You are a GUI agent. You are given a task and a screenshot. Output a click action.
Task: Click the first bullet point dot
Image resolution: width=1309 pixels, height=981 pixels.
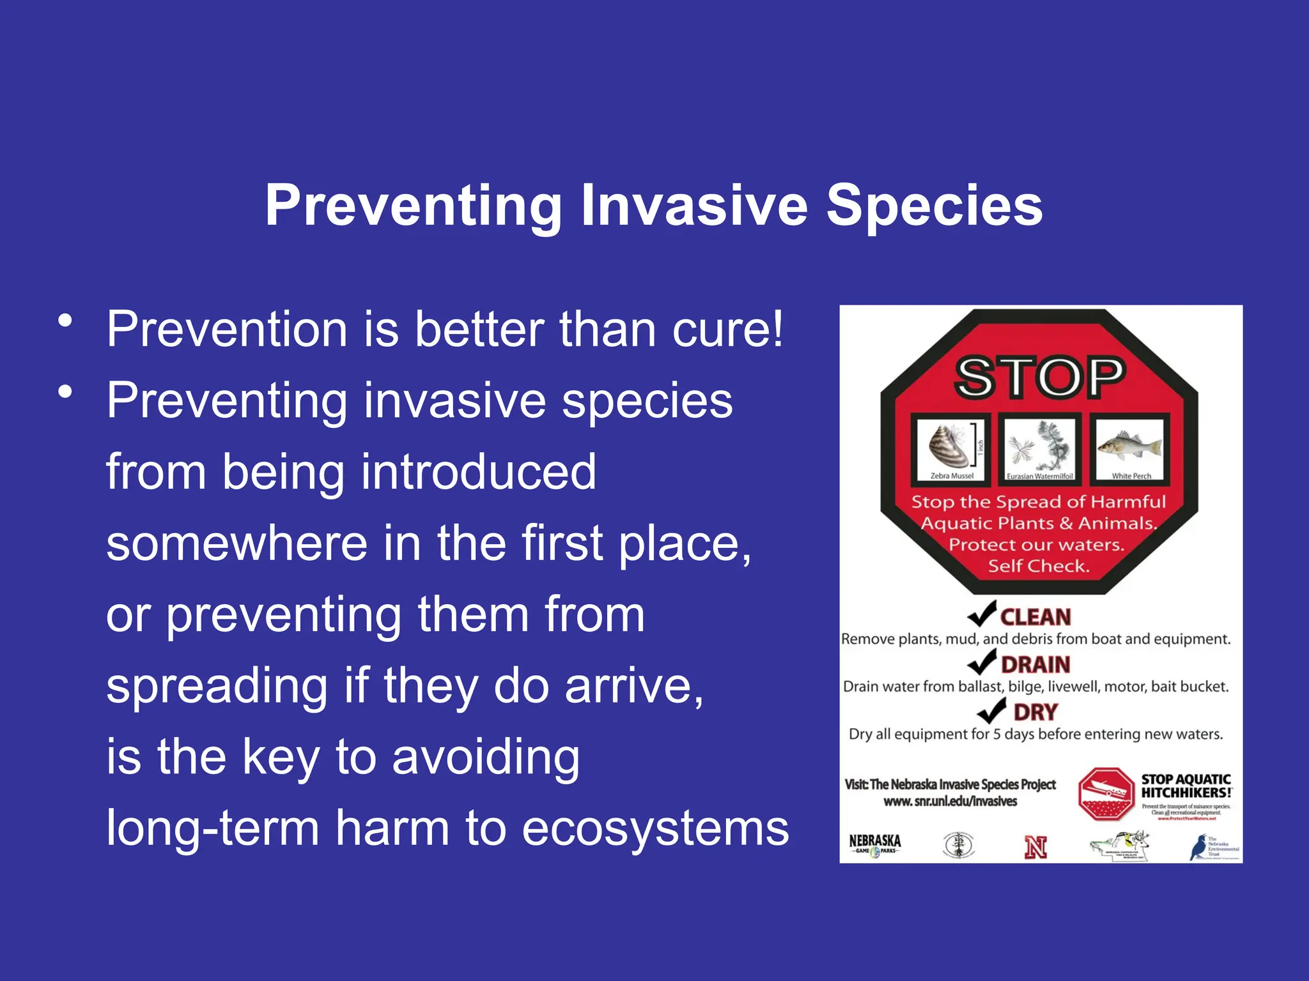[x=65, y=321]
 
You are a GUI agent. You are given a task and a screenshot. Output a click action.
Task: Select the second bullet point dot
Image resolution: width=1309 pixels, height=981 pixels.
[x=65, y=392]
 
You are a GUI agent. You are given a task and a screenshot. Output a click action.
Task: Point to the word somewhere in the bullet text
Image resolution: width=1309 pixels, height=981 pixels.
[x=237, y=544]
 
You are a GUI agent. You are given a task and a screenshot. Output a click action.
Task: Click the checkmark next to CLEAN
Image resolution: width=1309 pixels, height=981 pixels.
[x=981, y=614]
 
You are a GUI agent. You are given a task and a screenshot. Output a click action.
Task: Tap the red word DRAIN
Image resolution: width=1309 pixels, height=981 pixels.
[x=1035, y=665]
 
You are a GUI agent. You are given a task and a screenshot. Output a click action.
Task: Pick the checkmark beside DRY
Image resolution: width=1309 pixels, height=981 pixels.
[x=991, y=710]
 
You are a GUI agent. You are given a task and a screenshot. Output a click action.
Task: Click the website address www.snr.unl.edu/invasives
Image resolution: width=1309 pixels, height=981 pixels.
[x=950, y=802]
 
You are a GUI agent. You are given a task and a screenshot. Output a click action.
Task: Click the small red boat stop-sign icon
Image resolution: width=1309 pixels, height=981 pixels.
[x=1105, y=794]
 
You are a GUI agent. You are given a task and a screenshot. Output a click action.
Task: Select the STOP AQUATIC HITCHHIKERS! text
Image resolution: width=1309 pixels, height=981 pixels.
[x=1186, y=786]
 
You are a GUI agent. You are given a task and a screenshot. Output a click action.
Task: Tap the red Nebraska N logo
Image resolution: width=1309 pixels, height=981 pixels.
[x=1035, y=848]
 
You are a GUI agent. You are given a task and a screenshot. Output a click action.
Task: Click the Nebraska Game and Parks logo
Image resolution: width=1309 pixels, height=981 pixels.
[x=875, y=845]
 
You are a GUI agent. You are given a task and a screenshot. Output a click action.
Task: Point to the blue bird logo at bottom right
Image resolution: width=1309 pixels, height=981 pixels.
[x=1197, y=848]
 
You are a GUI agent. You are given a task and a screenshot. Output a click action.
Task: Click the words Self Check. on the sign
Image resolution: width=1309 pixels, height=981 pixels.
[x=1039, y=566]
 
